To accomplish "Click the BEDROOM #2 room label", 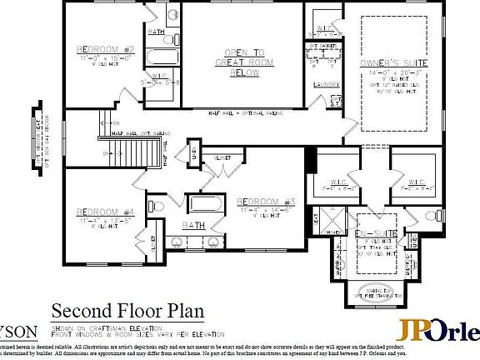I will pos(106,49).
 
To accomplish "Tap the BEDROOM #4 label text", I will pos(105,212).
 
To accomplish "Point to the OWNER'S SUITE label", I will pos(394,63).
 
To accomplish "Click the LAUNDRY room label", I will pos(324,84).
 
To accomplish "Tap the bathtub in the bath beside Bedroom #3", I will pos(203,205).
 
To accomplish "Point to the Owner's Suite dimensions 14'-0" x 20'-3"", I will pos(394,73).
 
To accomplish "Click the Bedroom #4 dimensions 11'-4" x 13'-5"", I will pos(105,221).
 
